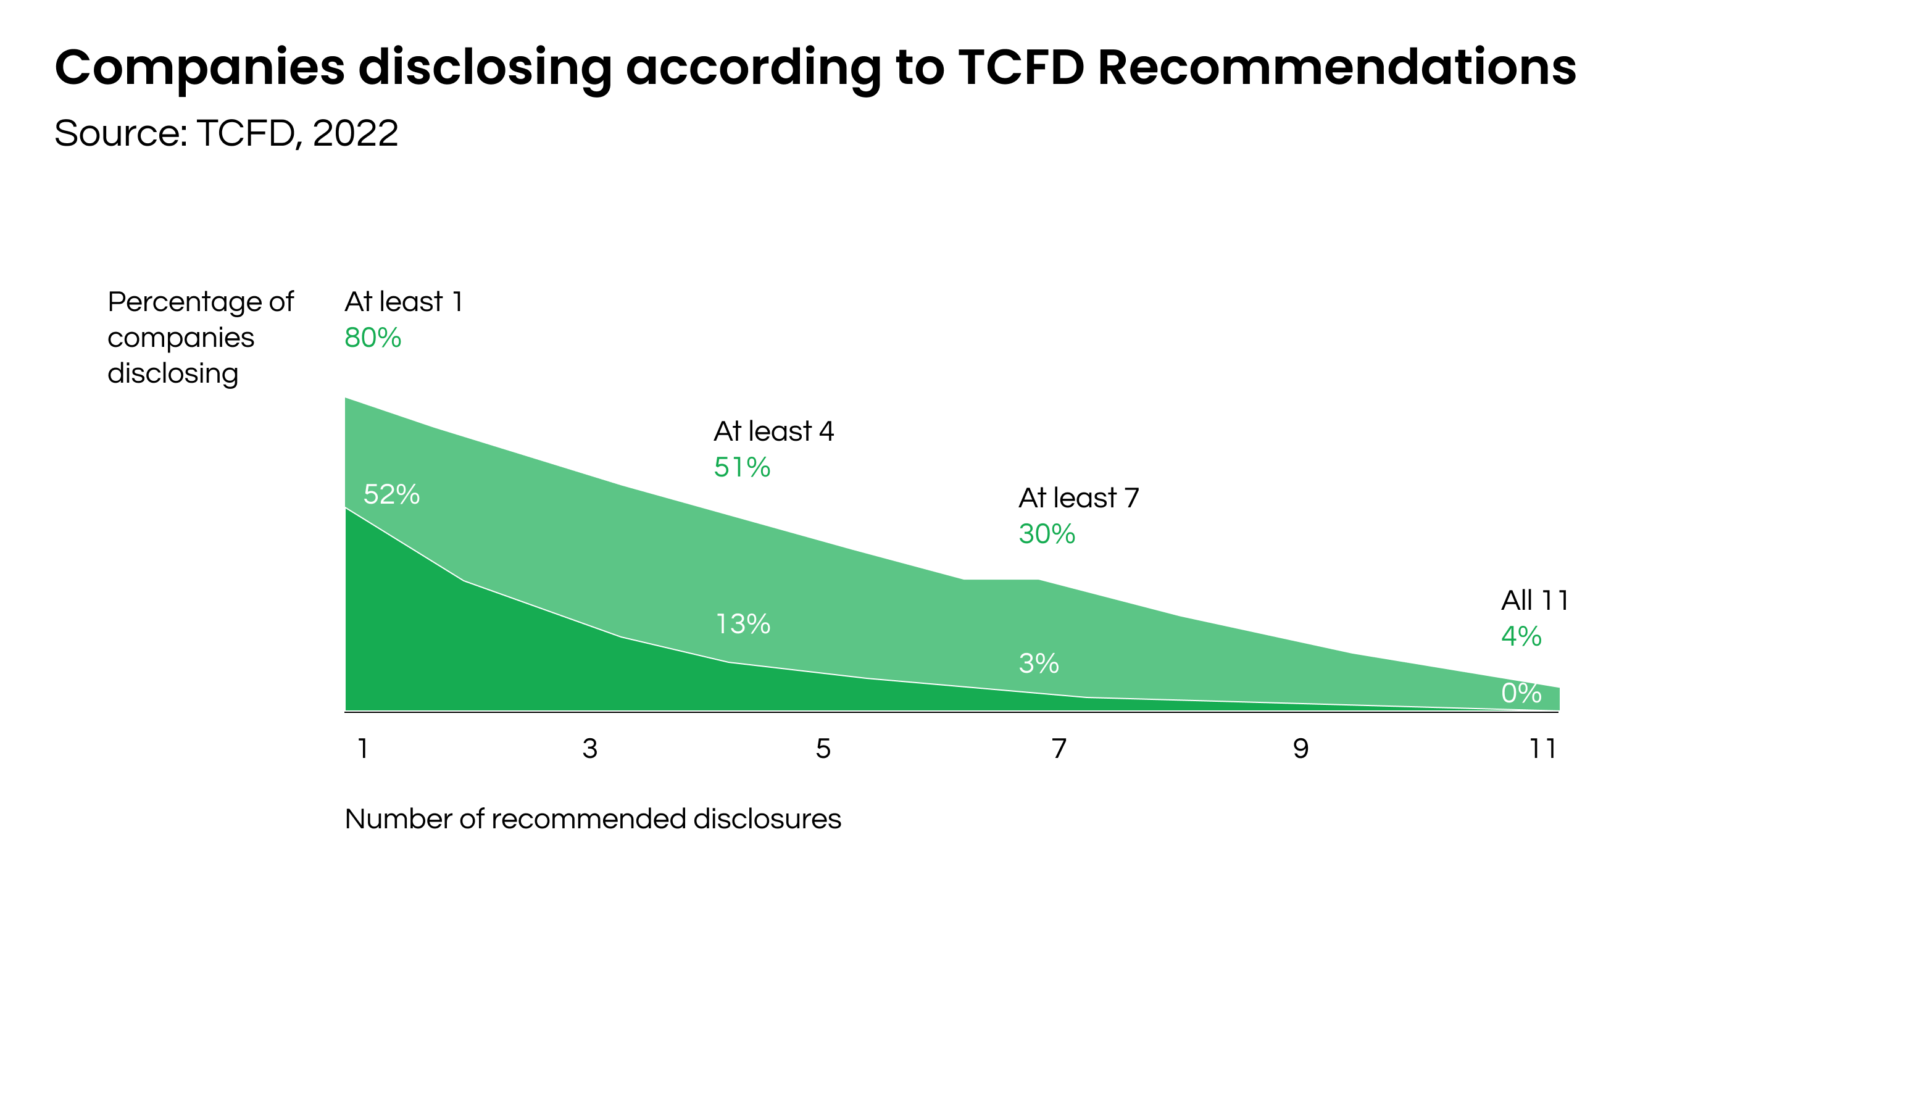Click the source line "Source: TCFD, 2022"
click(x=226, y=134)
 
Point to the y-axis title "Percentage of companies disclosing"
click(x=201, y=337)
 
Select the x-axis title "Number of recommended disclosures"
click(x=593, y=819)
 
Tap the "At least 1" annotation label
click(x=404, y=302)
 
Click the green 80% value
click(x=373, y=337)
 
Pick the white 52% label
click(x=392, y=494)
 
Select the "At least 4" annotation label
click(x=774, y=431)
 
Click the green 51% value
click(x=742, y=467)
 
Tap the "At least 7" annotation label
click(x=1078, y=497)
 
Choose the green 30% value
click(x=1047, y=534)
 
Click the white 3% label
click(x=1038, y=664)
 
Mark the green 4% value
click(x=1521, y=636)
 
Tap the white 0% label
click(x=1521, y=693)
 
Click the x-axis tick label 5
click(x=823, y=749)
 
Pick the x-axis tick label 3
click(x=590, y=749)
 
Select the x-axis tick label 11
click(x=1543, y=749)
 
